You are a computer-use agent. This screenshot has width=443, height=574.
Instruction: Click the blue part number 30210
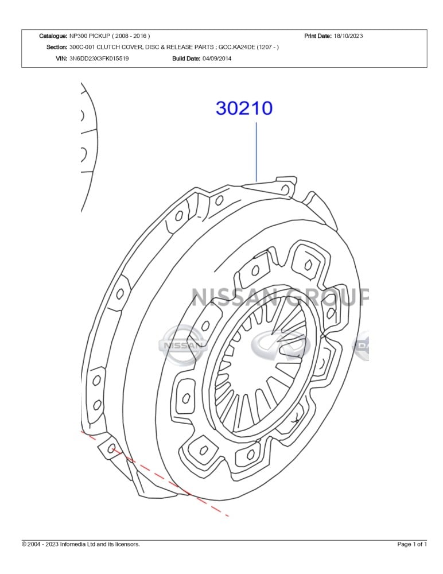pyautogui.click(x=244, y=108)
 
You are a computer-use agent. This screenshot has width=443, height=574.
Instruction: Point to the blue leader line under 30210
pyautogui.click(x=257, y=152)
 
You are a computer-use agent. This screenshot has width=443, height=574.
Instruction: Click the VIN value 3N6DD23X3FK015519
pyautogui.click(x=99, y=58)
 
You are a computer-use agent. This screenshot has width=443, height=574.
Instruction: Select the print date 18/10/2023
pyautogui.click(x=348, y=36)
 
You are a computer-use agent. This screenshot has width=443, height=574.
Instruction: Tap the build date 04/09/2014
pyautogui.click(x=217, y=58)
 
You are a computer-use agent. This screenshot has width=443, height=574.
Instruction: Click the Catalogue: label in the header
pyautogui.click(x=53, y=36)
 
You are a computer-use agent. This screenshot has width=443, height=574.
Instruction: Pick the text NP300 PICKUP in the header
pyautogui.click(x=90, y=36)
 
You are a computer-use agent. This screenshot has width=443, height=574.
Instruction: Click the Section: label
pyautogui.click(x=57, y=47)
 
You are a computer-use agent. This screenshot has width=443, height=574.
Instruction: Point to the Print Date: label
pyautogui.click(x=318, y=36)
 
